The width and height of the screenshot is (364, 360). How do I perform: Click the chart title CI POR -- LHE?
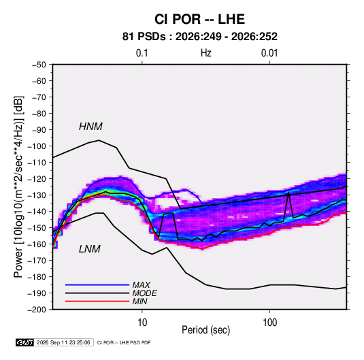[199, 19]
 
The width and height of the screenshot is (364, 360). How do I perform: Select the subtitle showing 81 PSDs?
[199, 37]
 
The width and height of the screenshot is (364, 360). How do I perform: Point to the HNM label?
[90, 127]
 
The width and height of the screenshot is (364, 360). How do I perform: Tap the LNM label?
[90, 249]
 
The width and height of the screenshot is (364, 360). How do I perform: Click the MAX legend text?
[141, 285]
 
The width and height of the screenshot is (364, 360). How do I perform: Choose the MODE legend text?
[145, 293]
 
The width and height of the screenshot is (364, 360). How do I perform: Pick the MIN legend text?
[139, 301]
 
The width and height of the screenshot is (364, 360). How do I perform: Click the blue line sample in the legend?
[97, 284]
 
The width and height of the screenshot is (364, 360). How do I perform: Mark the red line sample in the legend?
[97, 301]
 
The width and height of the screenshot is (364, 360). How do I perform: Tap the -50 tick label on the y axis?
[39, 65]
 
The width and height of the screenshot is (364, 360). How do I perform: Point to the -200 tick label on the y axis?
[37, 310]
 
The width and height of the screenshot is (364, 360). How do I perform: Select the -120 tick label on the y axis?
[37, 179]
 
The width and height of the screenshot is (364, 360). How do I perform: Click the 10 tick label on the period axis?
[142, 323]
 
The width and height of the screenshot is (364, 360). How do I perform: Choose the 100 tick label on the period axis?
[269, 323]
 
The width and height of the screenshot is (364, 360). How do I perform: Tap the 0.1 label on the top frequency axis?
[142, 53]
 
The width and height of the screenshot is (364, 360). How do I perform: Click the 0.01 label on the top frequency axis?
[269, 53]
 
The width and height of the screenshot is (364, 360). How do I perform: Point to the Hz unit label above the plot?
[206, 53]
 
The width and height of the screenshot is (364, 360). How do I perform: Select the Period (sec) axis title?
[206, 330]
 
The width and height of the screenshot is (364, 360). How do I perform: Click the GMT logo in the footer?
[25, 342]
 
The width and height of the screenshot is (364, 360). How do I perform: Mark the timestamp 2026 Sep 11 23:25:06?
[63, 342]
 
